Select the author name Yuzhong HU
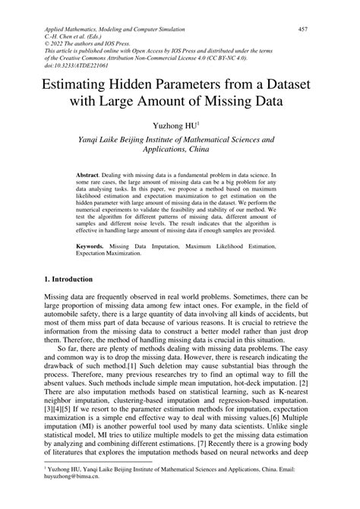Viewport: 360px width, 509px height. tap(178, 123)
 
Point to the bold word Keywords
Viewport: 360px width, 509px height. tap(91, 245)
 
